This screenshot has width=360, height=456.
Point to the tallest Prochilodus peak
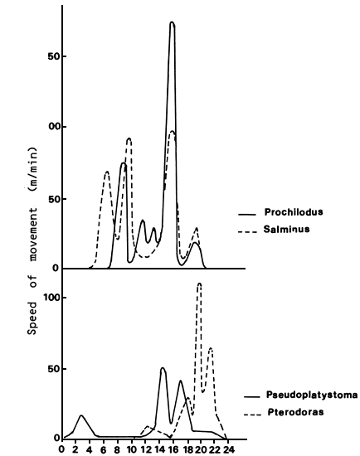[172, 23]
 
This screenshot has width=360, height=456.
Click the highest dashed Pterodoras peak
[199, 284]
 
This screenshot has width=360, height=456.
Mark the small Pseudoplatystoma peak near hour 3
[81, 415]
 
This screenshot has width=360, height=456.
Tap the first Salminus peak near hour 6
[107, 172]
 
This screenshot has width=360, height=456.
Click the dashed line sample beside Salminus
[247, 230]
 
